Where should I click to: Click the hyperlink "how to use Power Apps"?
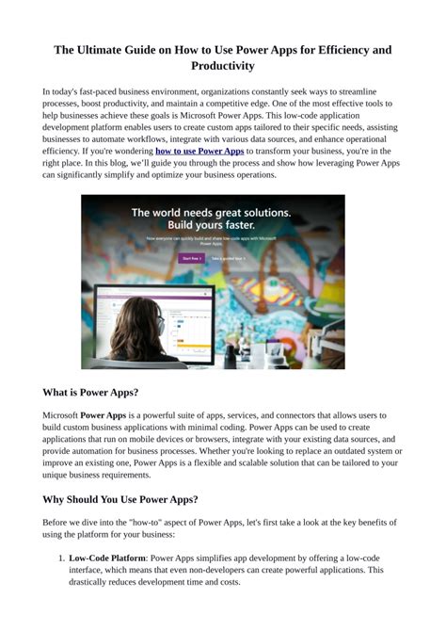point(199,151)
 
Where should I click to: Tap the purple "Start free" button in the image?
point(191,258)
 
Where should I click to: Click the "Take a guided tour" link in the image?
point(228,258)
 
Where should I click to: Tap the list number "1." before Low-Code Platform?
point(59,558)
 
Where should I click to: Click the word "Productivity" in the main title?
point(222,66)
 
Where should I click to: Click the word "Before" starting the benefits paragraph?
point(57,522)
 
